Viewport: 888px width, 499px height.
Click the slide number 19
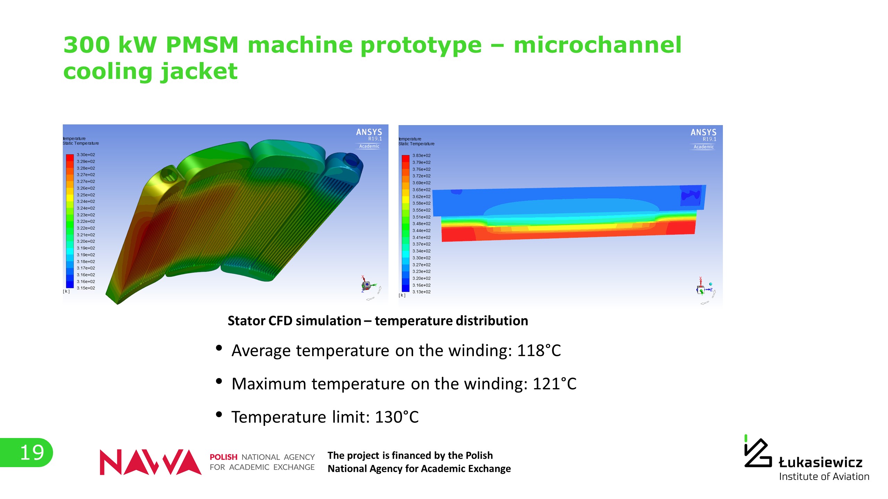(32, 453)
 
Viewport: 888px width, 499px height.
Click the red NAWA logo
(151, 462)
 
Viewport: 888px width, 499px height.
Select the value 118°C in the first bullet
(539, 350)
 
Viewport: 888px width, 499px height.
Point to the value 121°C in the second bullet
(554, 384)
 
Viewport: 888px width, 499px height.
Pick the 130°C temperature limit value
(397, 417)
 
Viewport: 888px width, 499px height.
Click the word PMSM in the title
(202, 45)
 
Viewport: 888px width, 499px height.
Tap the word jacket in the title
(199, 71)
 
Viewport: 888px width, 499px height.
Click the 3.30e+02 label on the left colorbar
(86, 155)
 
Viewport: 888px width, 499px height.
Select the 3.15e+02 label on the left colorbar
(86, 288)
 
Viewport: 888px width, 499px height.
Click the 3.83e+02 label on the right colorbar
(421, 156)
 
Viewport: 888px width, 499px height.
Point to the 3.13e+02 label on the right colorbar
(421, 292)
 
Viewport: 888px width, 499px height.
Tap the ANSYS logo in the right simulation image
(703, 139)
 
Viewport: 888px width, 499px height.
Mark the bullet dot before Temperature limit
(219, 414)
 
